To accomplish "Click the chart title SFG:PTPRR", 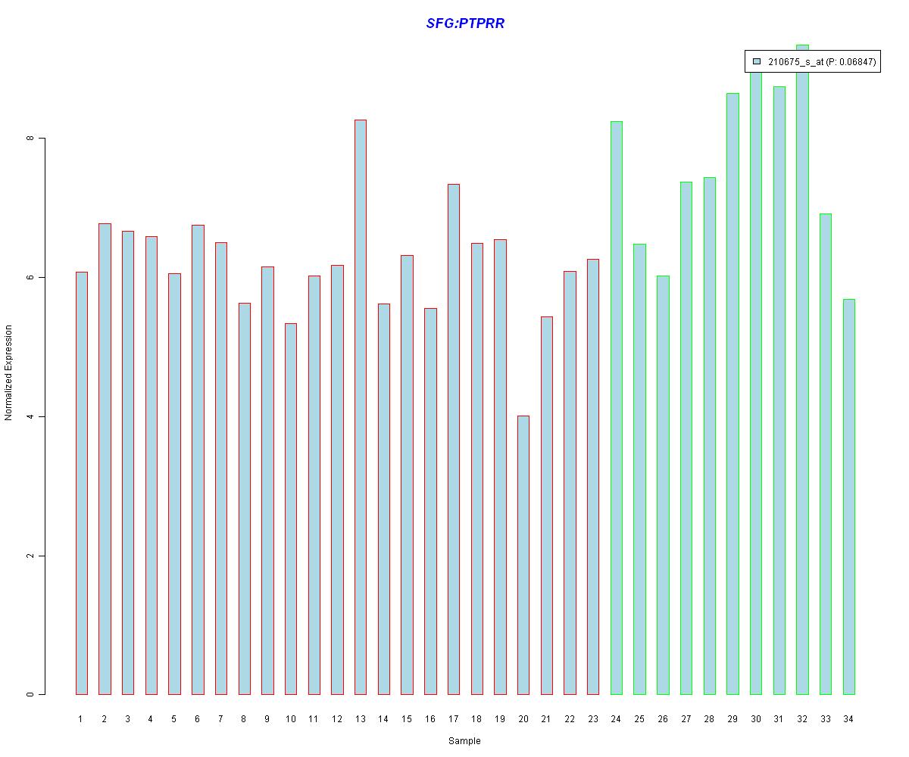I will coord(465,23).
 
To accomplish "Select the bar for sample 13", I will coord(360,409).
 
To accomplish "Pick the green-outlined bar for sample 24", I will coord(616,409).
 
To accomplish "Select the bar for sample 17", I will coord(453,439).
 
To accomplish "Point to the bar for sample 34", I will coord(848,497).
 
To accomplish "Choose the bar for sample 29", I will coord(733,394).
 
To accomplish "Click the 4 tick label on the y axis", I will coord(30,416).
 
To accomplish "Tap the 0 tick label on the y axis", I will coord(30,694).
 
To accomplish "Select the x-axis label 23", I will coord(592,719).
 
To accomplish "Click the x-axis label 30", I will coord(755,719).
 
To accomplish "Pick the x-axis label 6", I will coord(197,719).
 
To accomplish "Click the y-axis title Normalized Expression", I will coord(9,372).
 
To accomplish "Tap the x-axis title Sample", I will coord(464,741).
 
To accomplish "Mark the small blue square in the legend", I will coord(756,62).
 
